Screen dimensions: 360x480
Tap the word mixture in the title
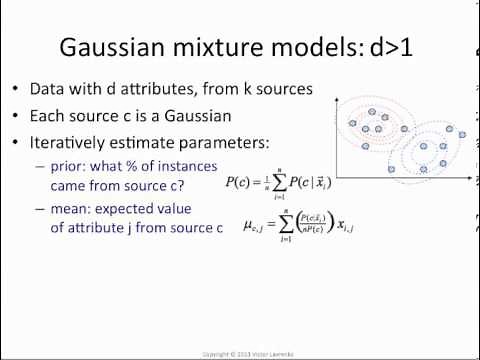(231, 48)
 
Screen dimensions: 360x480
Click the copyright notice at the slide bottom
(240, 353)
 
